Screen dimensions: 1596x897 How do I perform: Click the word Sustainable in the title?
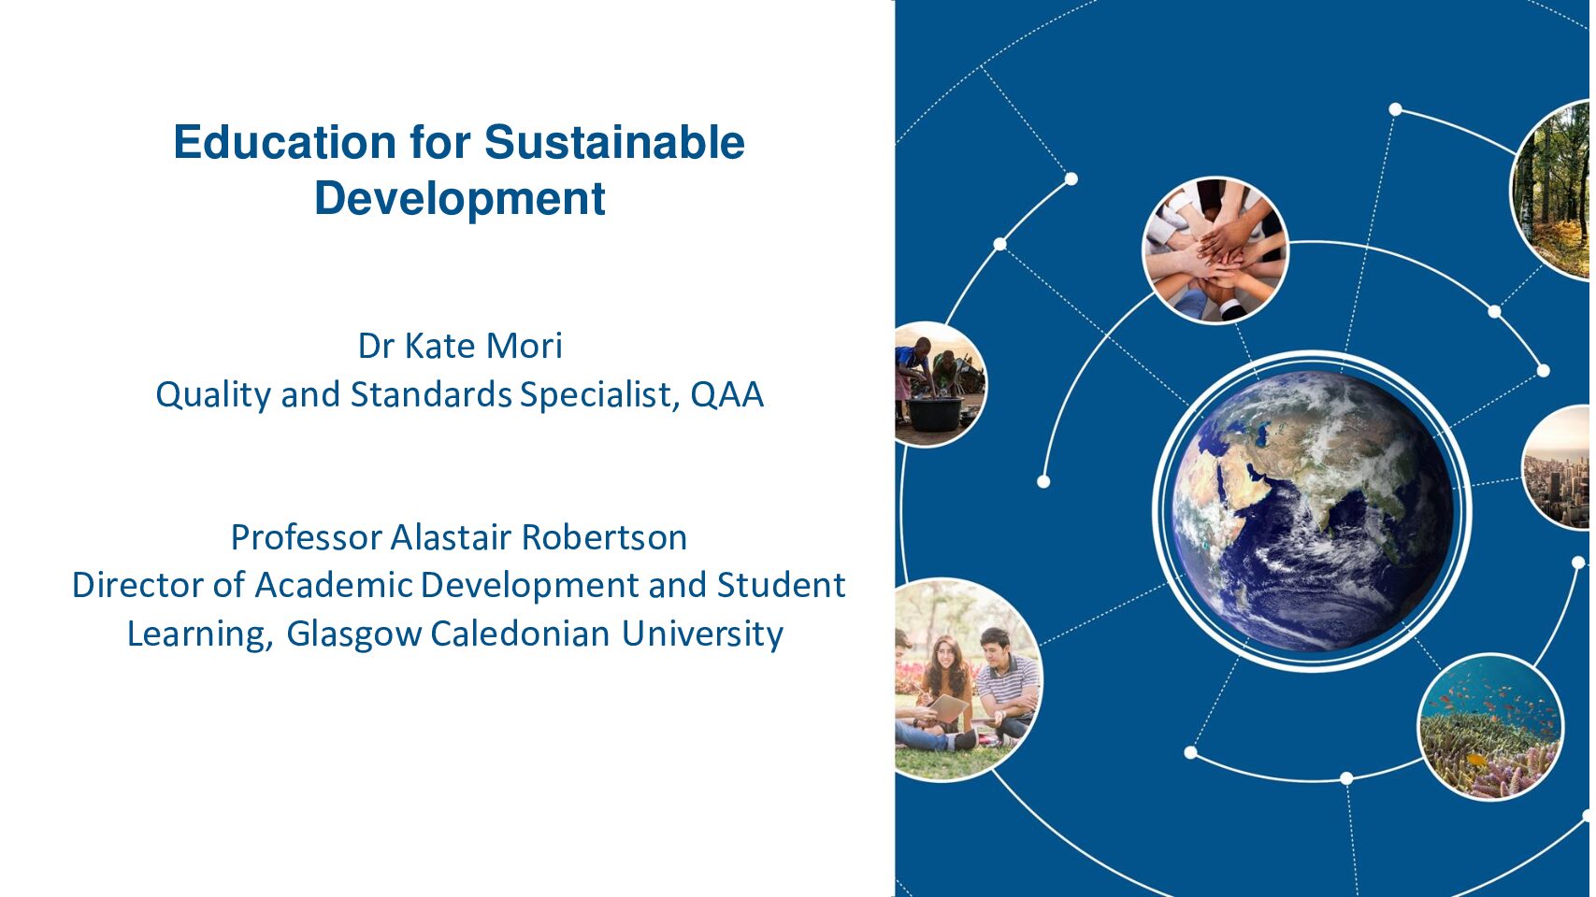click(x=615, y=142)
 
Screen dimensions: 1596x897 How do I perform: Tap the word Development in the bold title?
click(x=460, y=199)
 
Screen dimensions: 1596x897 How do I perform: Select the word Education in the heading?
click(x=284, y=142)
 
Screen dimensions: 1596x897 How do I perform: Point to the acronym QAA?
click(x=726, y=394)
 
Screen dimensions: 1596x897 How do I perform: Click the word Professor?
click(x=307, y=537)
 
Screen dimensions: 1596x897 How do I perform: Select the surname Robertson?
click(x=604, y=537)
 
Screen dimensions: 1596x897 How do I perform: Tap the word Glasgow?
click(x=354, y=634)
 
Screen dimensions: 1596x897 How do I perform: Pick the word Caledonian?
click(x=520, y=633)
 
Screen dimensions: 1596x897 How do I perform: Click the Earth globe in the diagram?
click(x=1313, y=511)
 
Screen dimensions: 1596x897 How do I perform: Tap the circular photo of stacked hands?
click(x=1215, y=249)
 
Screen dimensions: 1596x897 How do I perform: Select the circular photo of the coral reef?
click(x=1490, y=727)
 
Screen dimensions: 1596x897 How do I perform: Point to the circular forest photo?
click(x=1552, y=190)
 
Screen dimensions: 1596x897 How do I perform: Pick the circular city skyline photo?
click(x=1558, y=467)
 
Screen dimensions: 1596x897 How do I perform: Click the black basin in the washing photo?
click(x=934, y=414)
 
